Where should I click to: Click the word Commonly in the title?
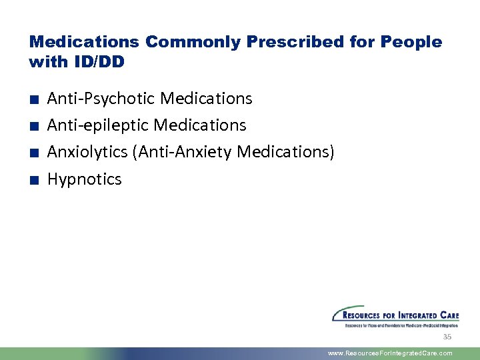point(193,42)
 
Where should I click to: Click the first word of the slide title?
point(84,42)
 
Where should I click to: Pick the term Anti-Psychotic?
point(101,99)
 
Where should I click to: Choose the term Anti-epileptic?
point(98,125)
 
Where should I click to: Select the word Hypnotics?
point(85,179)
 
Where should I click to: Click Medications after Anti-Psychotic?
point(207,99)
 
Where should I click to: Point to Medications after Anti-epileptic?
point(200,125)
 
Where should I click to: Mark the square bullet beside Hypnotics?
point(33,180)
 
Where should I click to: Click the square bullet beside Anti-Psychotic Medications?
point(33,100)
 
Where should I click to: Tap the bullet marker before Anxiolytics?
point(33,153)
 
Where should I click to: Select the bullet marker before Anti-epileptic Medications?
point(33,127)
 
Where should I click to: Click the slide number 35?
point(447,337)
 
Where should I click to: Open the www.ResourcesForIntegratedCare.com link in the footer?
point(390,353)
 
